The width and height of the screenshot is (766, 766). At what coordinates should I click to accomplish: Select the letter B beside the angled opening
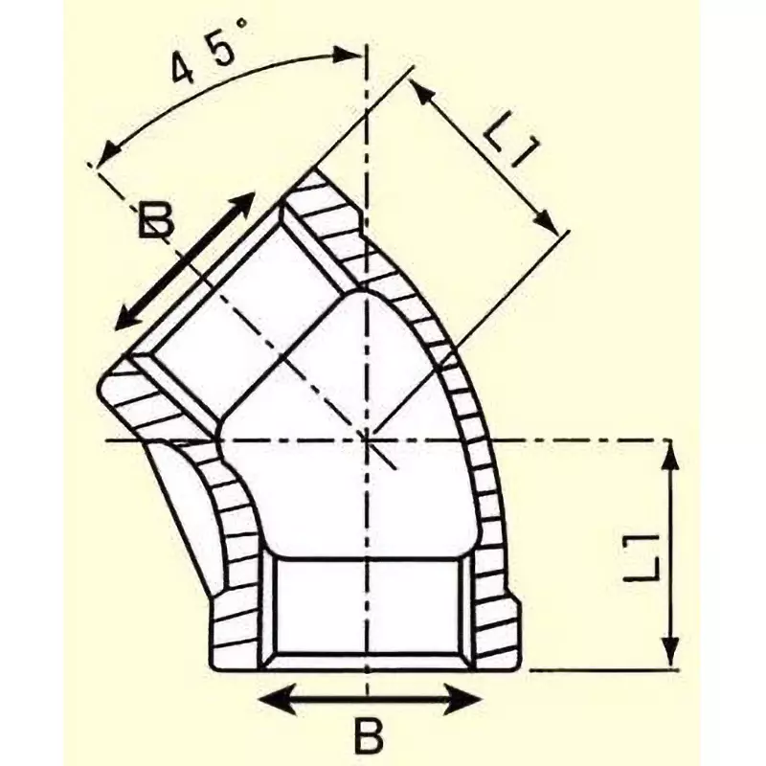[x=155, y=222]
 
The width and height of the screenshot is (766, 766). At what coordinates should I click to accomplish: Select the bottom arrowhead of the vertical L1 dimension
[x=670, y=661]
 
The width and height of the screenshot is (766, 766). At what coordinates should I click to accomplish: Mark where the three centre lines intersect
[x=368, y=439]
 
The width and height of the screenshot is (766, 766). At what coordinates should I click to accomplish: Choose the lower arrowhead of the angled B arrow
[x=120, y=326]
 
